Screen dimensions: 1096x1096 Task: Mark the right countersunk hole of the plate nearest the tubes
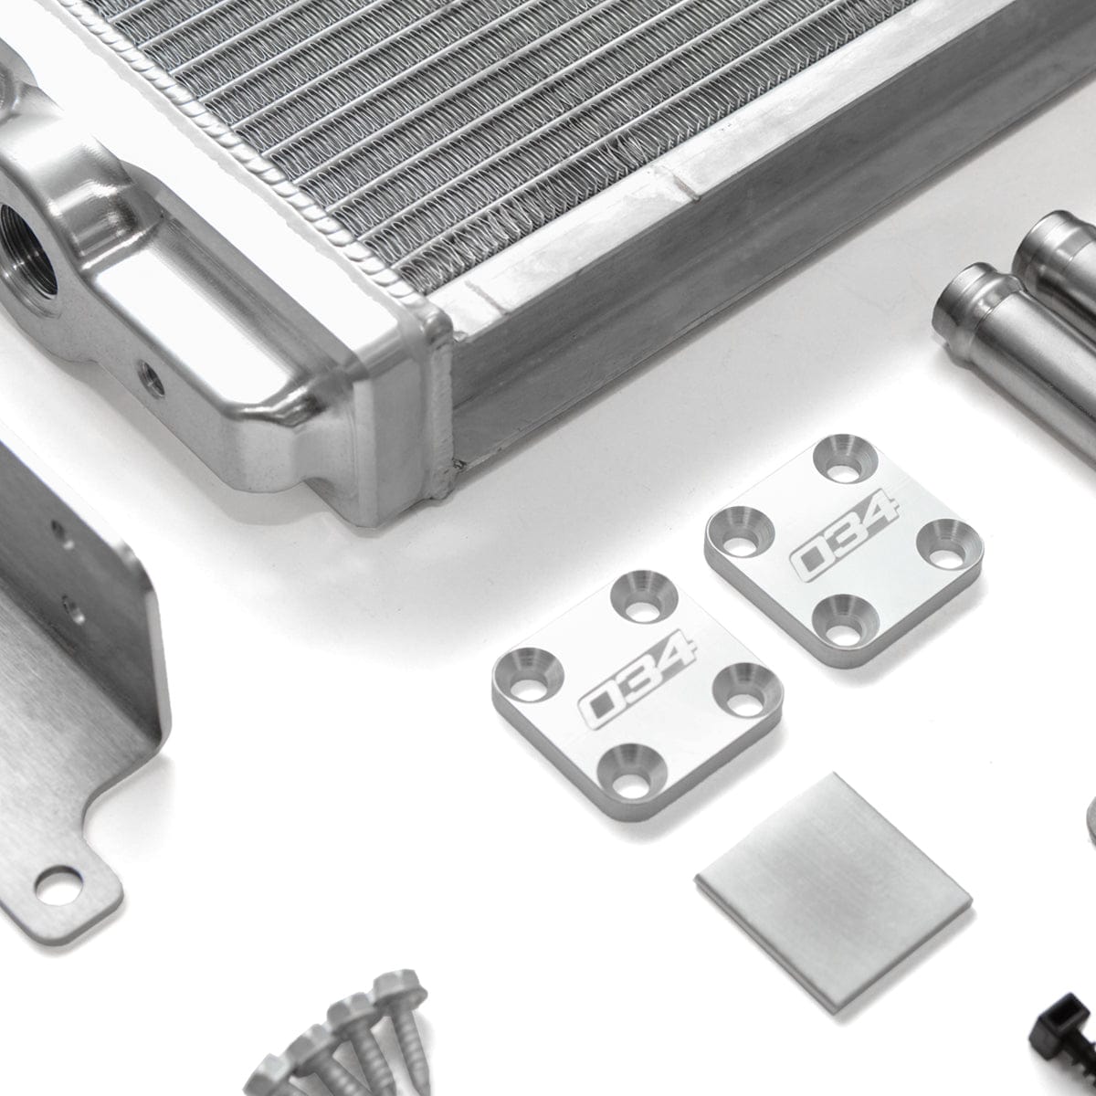pos(942,539)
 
